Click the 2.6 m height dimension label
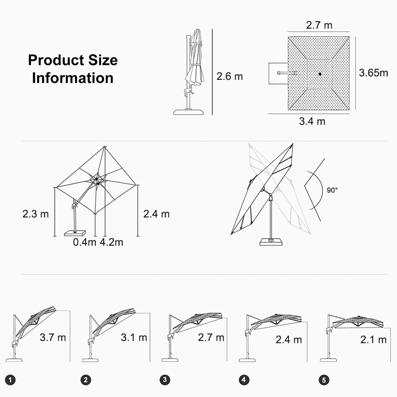click(229, 76)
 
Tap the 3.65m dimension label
click(374, 73)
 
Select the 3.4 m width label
click(312, 121)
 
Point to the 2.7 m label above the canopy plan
click(319, 25)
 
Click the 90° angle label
click(332, 190)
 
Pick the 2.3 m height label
click(35, 214)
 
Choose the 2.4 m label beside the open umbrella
click(156, 214)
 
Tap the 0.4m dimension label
click(85, 242)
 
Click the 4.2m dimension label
click(112, 242)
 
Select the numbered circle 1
click(10, 380)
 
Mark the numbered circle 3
click(165, 379)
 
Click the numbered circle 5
click(324, 380)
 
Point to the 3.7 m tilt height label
click(52, 337)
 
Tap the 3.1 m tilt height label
click(134, 337)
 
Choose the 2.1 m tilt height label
click(374, 340)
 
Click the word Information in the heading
click(73, 78)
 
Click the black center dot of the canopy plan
click(320, 74)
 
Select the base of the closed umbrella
click(189, 112)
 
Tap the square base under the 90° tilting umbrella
click(271, 242)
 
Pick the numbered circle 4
click(243, 379)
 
